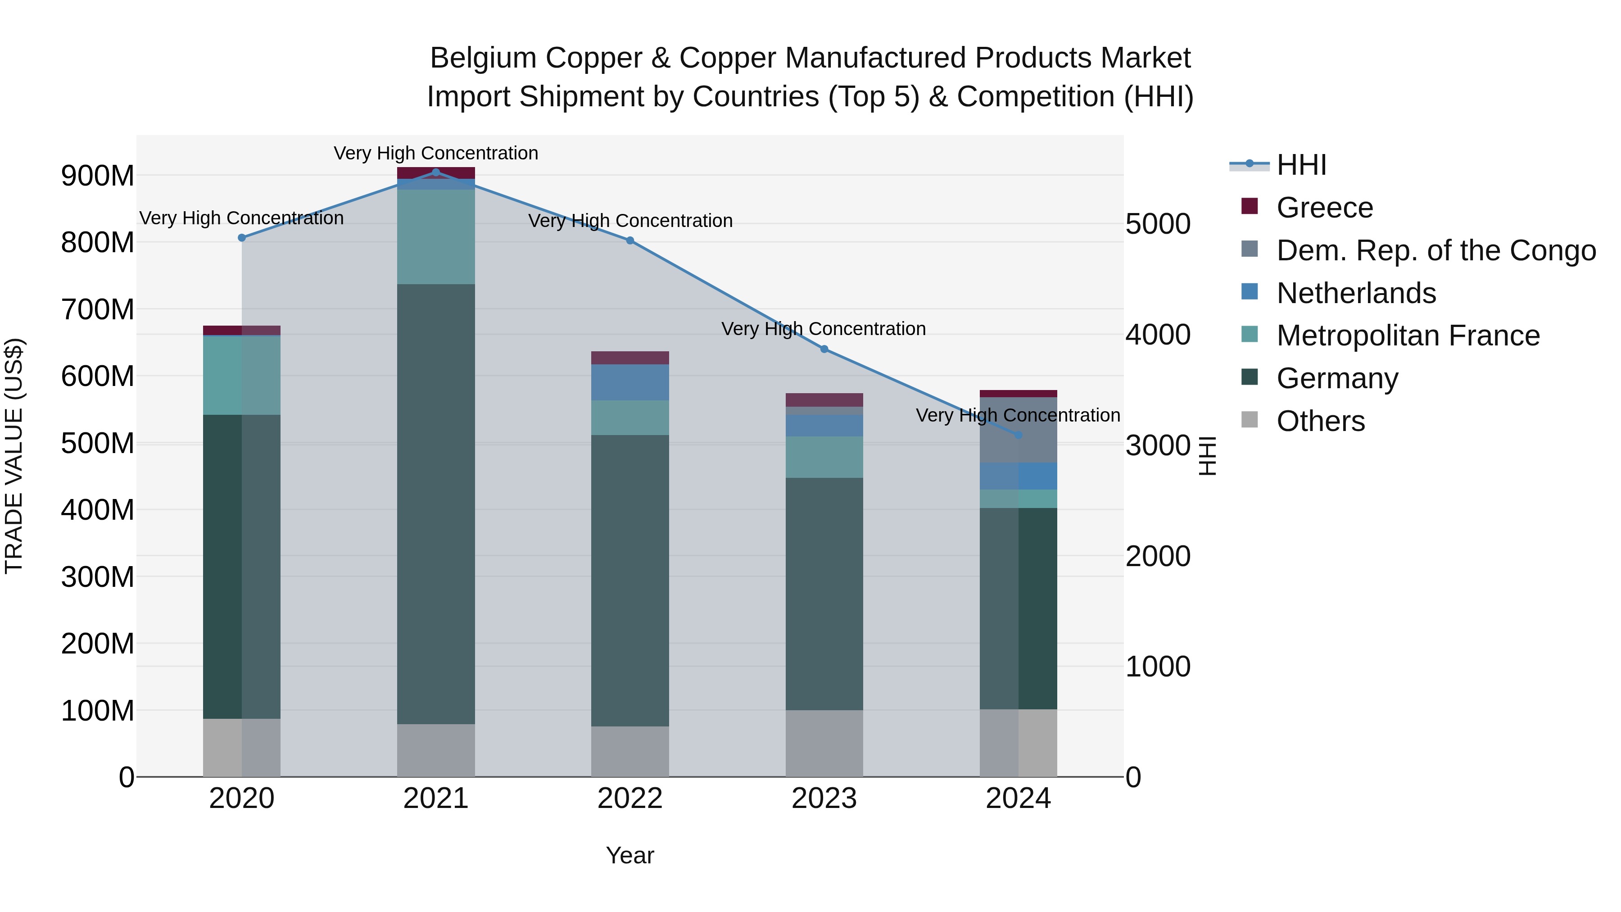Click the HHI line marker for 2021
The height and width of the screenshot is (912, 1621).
point(435,172)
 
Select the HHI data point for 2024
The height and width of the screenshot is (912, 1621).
point(1018,435)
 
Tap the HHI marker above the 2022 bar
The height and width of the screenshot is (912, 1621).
point(630,240)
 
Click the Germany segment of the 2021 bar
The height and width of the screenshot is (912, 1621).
point(435,504)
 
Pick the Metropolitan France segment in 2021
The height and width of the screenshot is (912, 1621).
point(435,236)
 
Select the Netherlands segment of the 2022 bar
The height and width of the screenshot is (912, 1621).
point(630,382)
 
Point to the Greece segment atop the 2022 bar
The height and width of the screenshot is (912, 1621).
point(630,358)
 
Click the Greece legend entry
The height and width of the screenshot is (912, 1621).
point(1324,208)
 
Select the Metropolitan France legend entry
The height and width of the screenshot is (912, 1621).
point(1408,336)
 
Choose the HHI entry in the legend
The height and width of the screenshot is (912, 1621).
point(1301,165)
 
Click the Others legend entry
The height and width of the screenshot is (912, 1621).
point(1320,421)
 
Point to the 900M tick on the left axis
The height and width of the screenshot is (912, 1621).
point(98,176)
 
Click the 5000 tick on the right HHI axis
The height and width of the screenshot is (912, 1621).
point(1158,224)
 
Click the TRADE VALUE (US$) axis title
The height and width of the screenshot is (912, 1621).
point(14,456)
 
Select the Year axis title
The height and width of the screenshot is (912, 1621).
point(630,855)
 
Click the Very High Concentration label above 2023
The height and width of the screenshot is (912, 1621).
point(823,329)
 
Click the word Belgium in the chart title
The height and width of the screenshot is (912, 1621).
point(483,58)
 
